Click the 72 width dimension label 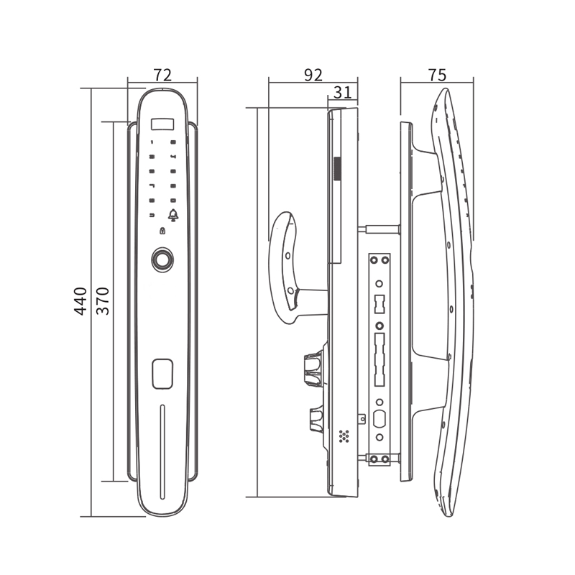pos(162,75)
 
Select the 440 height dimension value pos(80,301)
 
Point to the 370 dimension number pos(103,301)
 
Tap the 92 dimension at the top pos(313,75)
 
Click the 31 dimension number pos(343,92)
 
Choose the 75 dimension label pos(437,75)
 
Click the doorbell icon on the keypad pos(173,215)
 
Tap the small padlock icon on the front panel pos(162,231)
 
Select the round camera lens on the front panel pos(162,259)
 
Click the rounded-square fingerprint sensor pos(162,373)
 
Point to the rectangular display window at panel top pos(162,123)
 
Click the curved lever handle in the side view pos(286,267)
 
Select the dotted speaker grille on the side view pos(344,436)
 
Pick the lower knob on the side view pos(317,418)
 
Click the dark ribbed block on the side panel pos(337,169)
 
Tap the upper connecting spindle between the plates pos(379,229)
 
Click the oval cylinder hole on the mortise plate pos(379,419)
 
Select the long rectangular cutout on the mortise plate pos(379,359)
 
